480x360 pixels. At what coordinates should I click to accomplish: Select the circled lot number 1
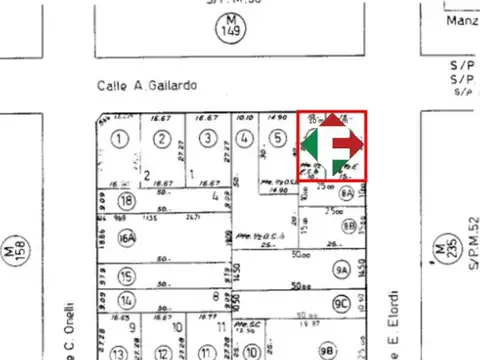coord(121,139)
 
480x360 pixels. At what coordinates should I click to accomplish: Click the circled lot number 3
coord(206,139)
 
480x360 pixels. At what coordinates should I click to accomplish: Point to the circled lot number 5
coord(276,139)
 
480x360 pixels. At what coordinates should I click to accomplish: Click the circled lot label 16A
coord(126,238)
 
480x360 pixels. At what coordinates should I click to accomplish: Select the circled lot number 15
coord(126,276)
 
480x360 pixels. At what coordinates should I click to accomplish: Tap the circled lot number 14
coord(126,300)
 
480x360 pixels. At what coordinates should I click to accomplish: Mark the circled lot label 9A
coord(342,268)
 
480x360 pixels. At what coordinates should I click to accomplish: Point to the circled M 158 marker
coord(12,246)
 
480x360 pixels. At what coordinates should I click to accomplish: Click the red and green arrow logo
coord(333,146)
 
